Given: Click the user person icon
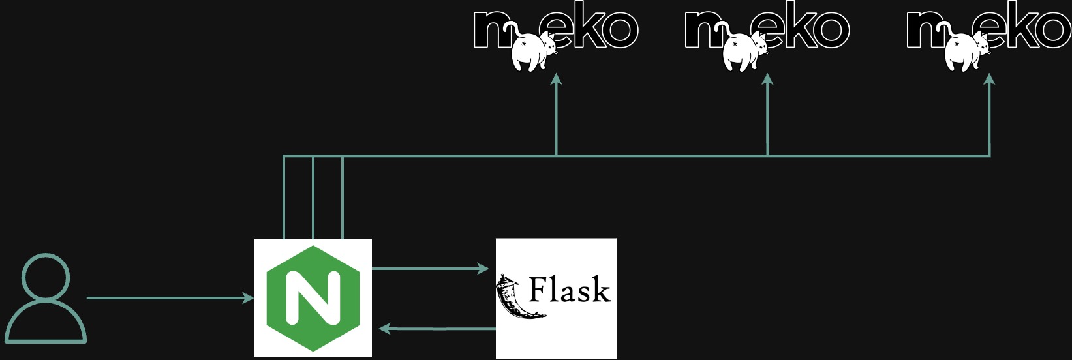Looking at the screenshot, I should tap(45, 299).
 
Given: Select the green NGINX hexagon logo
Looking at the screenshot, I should tap(313, 298).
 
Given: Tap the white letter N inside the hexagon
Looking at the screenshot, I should tap(313, 298).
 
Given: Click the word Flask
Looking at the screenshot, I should tap(569, 290).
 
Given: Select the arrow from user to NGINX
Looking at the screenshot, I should tap(170, 298).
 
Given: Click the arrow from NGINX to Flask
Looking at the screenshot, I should tap(431, 268).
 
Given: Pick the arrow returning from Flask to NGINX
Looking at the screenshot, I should tap(437, 329).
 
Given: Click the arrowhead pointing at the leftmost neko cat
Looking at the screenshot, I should tap(556, 80).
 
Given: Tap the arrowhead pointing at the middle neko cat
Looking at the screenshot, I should tap(767, 80).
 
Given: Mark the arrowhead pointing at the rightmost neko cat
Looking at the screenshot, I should tap(989, 80).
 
